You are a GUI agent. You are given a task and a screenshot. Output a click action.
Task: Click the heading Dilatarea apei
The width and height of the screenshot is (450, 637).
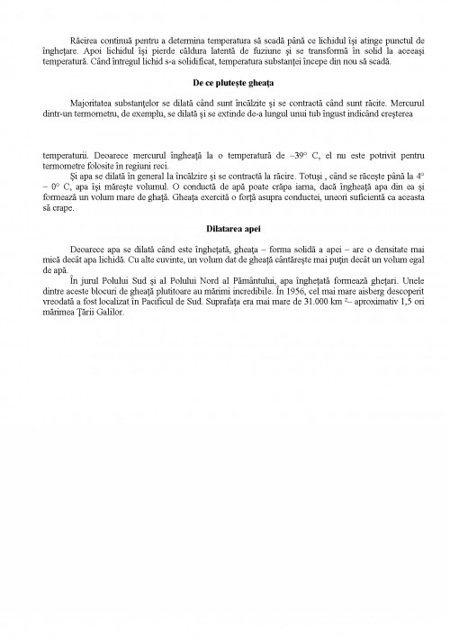tap(225, 230)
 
